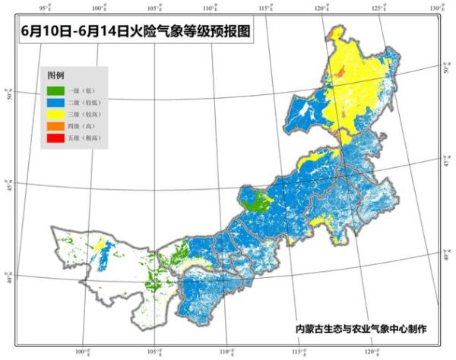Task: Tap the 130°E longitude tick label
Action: [434, 7]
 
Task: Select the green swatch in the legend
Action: [56, 90]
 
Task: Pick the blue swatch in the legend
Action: [56, 102]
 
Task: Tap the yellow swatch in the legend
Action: [56, 113]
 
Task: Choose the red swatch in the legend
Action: [56, 137]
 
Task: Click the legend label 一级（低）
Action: [85, 90]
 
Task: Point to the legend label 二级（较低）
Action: [87, 102]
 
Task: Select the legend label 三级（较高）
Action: [87, 113]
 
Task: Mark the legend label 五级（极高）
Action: [87, 137]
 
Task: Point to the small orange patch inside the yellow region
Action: [340, 72]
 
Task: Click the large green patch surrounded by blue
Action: [258, 202]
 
